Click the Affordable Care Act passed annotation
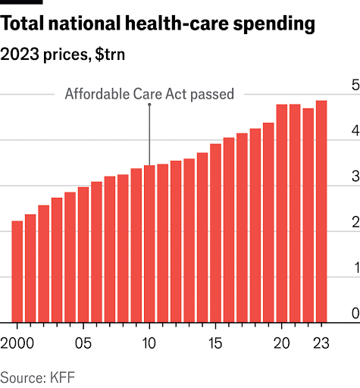pos(149,95)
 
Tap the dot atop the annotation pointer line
pos(149,105)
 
